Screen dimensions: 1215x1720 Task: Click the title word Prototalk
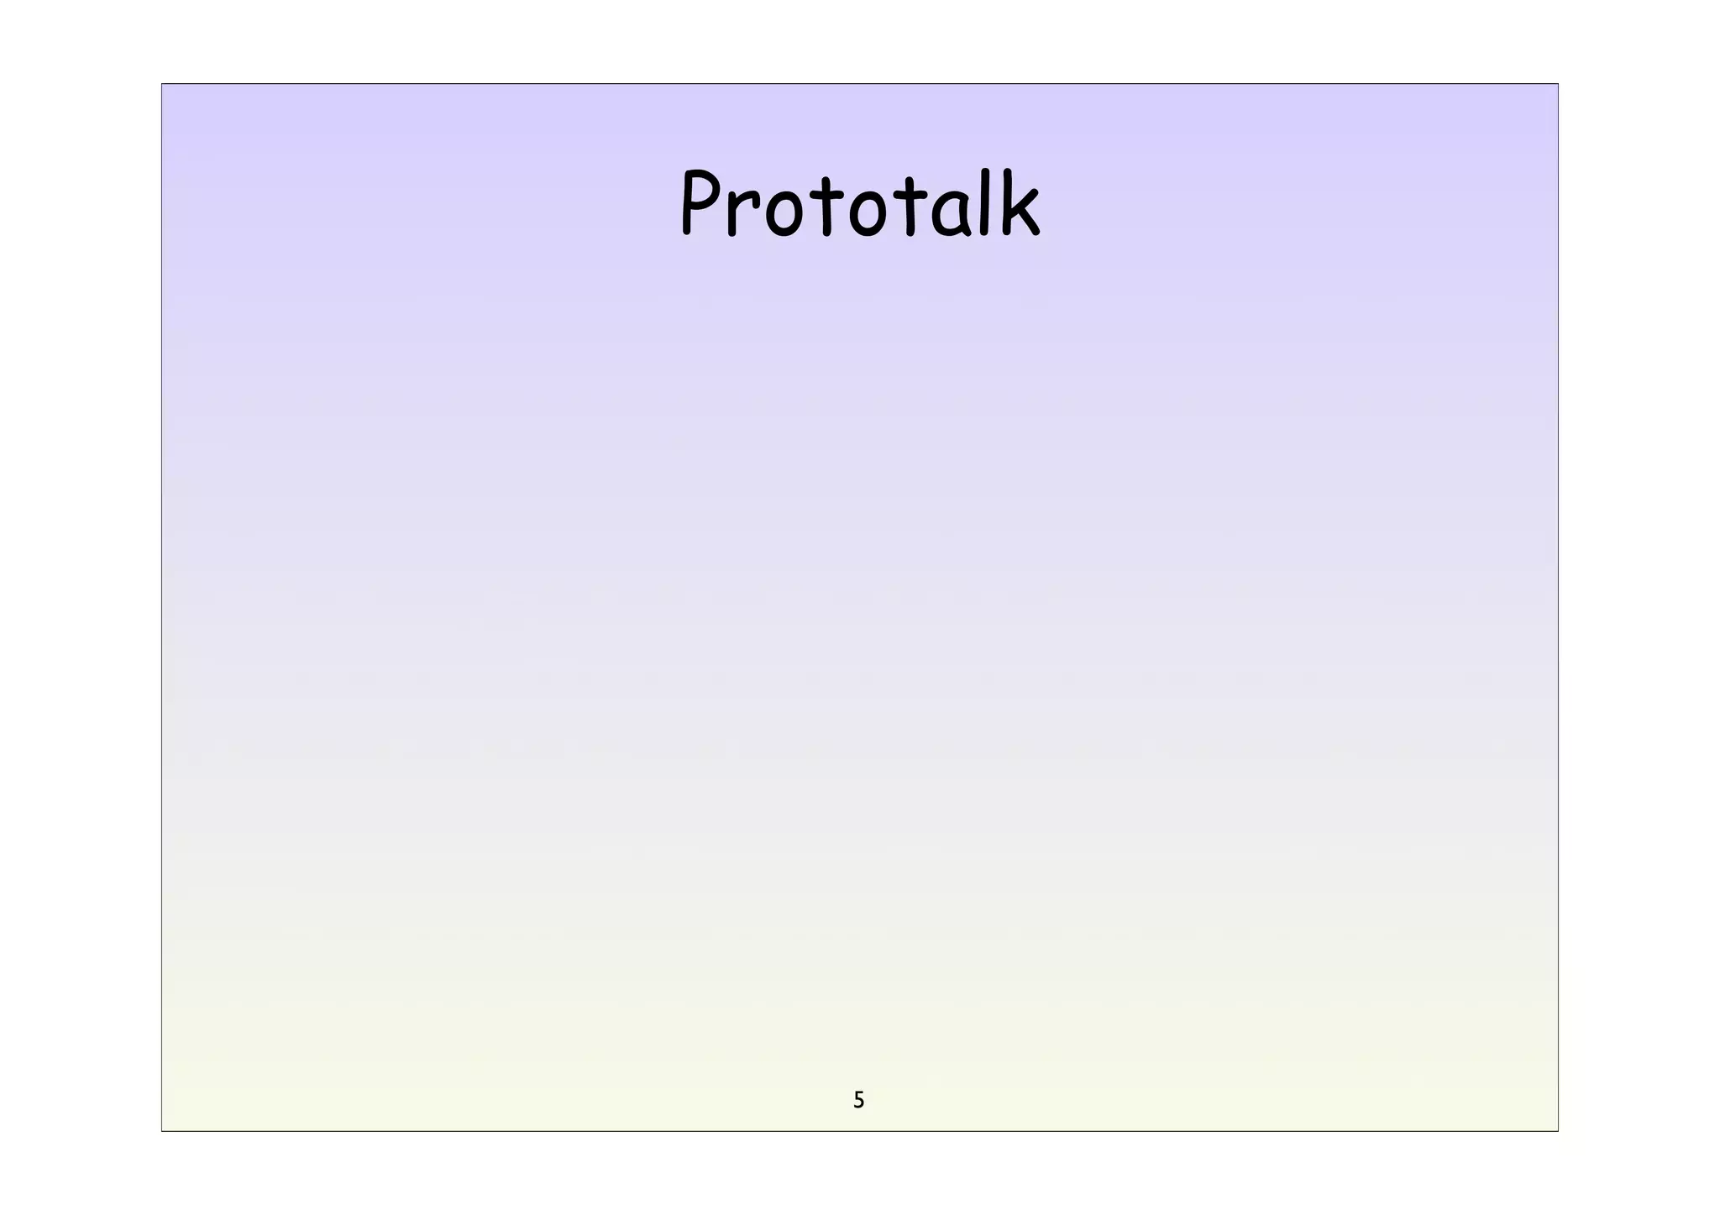point(860,204)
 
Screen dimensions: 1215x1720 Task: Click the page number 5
point(858,1100)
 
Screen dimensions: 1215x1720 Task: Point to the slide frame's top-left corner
point(162,84)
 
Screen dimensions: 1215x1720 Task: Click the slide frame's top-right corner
point(1558,84)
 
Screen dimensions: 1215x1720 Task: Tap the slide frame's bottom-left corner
point(162,1131)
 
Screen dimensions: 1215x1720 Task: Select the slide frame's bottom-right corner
point(1558,1131)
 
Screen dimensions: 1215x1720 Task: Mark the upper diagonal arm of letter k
point(1027,200)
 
